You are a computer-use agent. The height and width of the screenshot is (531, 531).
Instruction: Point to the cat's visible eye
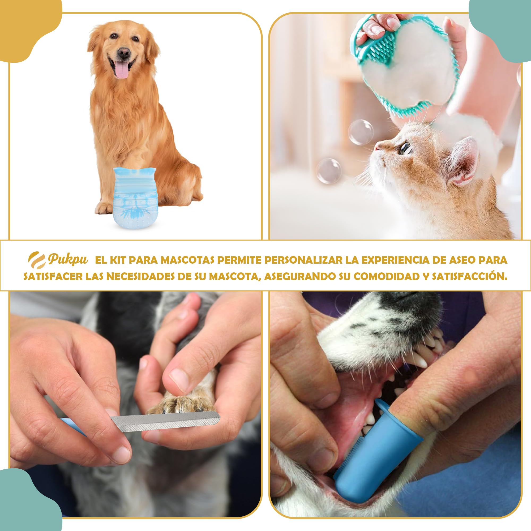405,148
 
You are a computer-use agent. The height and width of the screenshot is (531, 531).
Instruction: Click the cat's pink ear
464,162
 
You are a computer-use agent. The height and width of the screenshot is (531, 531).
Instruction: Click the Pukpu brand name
68,259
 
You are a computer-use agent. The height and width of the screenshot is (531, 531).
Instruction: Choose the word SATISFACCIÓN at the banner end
469,276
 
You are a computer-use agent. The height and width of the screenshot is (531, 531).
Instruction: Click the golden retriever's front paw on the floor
104,208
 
